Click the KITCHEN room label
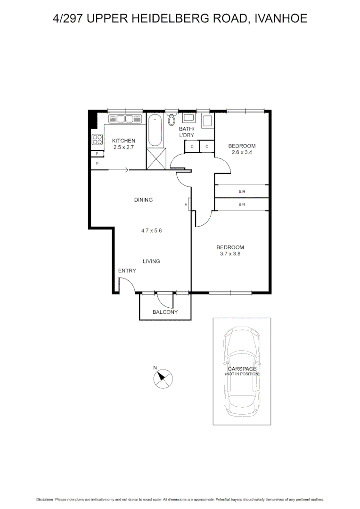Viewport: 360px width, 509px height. click(123, 141)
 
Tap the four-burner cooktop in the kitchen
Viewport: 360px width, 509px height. click(97, 140)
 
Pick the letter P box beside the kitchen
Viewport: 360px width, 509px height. click(97, 154)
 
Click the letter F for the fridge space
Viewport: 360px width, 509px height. click(97, 164)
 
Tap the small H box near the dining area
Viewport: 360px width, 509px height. click(187, 205)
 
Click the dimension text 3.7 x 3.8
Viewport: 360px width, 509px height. click(230, 254)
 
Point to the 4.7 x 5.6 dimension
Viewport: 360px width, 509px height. click(151, 231)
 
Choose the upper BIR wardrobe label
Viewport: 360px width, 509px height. click(242, 191)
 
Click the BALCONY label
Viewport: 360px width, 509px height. click(165, 312)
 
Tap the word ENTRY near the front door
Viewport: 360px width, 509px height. click(127, 271)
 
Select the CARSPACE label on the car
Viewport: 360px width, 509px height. click(242, 369)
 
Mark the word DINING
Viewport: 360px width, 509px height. click(143, 200)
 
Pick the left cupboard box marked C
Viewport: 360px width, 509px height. click(192, 147)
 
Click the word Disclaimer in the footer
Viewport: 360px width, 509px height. click(45, 499)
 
